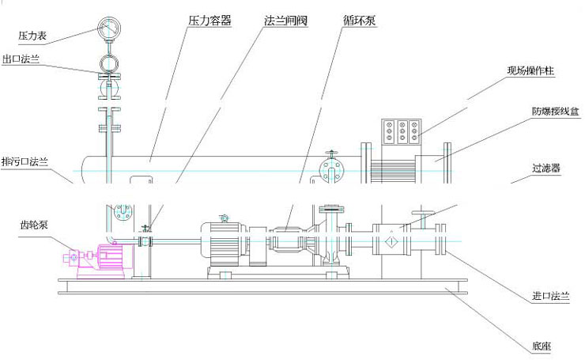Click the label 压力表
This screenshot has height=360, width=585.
(x=34, y=35)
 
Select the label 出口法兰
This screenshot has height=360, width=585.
(x=21, y=59)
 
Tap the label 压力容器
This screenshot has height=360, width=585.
(x=210, y=21)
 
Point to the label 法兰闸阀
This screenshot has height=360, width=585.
(x=285, y=21)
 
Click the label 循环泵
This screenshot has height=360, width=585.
(x=360, y=21)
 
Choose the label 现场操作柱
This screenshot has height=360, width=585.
(x=532, y=71)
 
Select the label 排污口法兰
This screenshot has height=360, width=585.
(x=25, y=161)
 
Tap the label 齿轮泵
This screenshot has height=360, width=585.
(x=33, y=224)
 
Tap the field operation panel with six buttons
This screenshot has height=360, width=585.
(x=400, y=131)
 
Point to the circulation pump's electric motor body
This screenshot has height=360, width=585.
(x=224, y=242)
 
